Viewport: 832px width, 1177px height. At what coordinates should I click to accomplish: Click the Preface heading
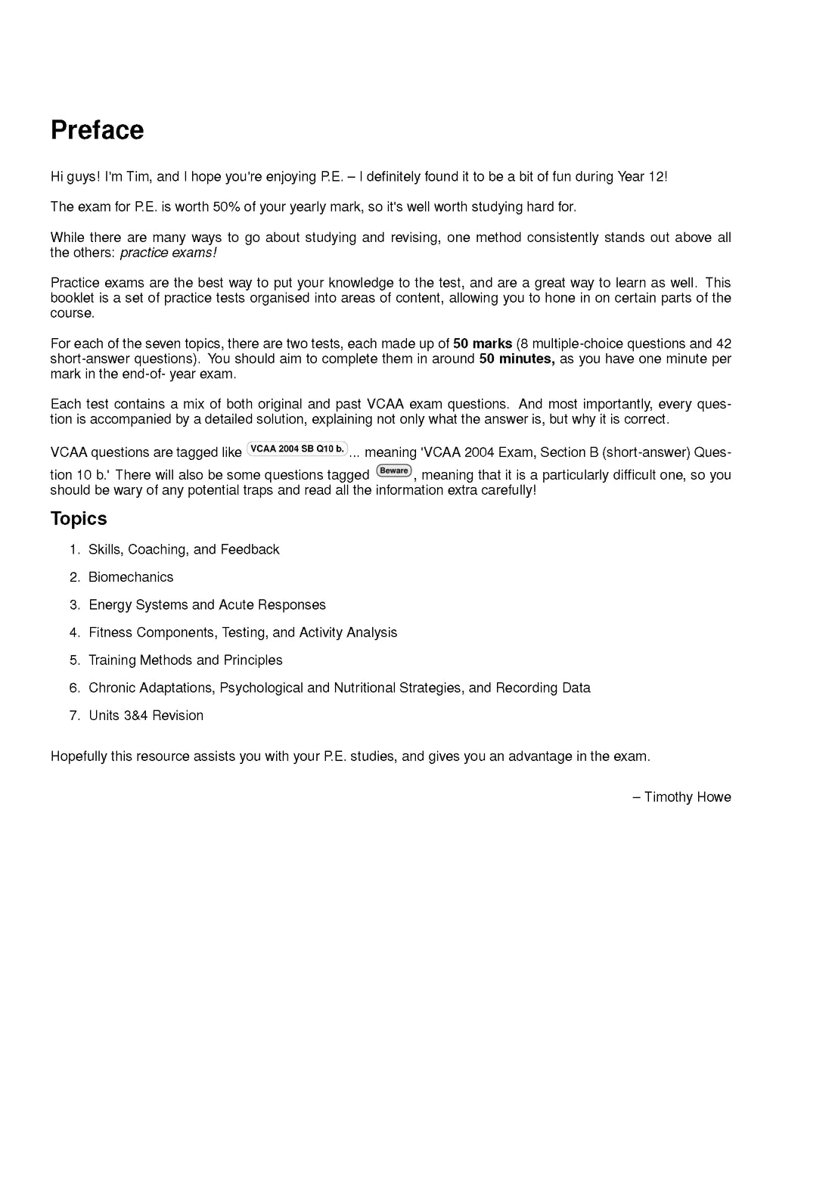pyautogui.click(x=97, y=130)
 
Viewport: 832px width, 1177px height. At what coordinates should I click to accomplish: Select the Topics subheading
pyautogui.click(x=79, y=519)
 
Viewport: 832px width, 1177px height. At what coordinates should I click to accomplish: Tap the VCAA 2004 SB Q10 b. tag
pyautogui.click(x=297, y=449)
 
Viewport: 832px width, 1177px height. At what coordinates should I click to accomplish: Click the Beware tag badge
pyautogui.click(x=393, y=471)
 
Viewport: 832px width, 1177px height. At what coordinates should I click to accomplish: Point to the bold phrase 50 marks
pyautogui.click(x=483, y=344)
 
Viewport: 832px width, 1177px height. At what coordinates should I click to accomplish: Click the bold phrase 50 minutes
pyautogui.click(x=517, y=359)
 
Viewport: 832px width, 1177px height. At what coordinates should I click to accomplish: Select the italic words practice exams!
pyautogui.click(x=169, y=253)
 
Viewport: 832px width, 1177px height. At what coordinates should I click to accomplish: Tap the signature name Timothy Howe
pyautogui.click(x=688, y=797)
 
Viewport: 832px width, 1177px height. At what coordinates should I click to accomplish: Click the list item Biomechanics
pyautogui.click(x=131, y=577)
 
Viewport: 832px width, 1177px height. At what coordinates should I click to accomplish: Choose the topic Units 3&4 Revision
pyautogui.click(x=146, y=716)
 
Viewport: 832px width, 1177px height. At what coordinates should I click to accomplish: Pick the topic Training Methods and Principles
pyautogui.click(x=185, y=660)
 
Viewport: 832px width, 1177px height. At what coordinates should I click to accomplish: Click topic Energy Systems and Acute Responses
pyautogui.click(x=207, y=605)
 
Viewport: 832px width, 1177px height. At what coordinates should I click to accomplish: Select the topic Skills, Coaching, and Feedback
pyautogui.click(x=184, y=550)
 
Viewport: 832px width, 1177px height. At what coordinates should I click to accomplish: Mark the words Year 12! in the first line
pyautogui.click(x=642, y=177)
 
